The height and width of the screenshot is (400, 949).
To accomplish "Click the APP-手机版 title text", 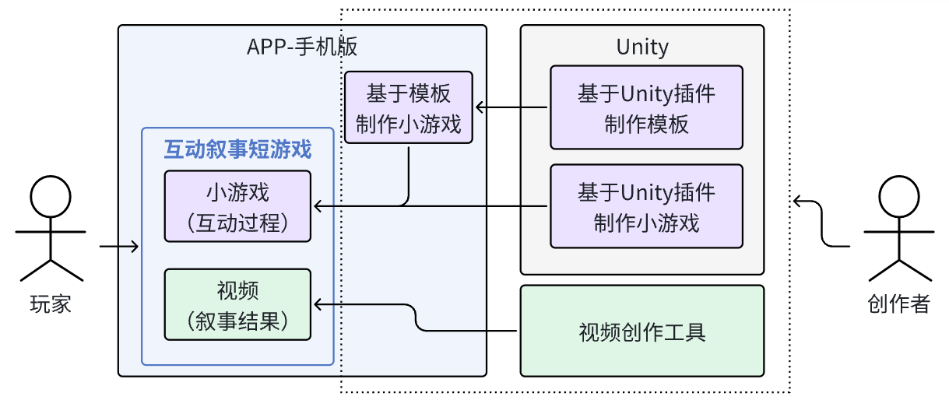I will click(x=302, y=47).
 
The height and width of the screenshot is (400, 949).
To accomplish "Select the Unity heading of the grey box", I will click(x=642, y=47).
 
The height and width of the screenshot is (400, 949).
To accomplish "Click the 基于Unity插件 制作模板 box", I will click(x=646, y=107).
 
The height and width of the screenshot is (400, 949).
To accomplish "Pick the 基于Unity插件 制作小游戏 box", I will click(x=646, y=206).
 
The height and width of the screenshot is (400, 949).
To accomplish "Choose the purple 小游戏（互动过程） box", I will click(x=237, y=206).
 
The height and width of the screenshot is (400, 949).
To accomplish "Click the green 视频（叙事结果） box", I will click(x=237, y=304).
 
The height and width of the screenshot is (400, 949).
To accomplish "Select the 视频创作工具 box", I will click(x=642, y=332).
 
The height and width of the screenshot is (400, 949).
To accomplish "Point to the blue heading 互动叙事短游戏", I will click(x=237, y=149).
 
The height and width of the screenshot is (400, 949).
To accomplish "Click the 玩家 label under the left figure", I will click(x=51, y=304).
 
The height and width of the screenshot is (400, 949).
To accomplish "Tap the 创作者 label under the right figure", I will click(x=898, y=304).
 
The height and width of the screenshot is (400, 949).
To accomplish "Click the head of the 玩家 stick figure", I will click(x=51, y=194).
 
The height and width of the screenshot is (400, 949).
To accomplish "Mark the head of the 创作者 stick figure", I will click(x=898, y=194).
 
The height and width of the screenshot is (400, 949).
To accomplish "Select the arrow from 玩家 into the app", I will click(x=119, y=247).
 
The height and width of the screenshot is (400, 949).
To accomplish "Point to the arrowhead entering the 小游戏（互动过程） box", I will click(x=318, y=206).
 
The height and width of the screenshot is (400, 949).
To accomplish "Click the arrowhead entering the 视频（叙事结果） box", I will click(x=318, y=304).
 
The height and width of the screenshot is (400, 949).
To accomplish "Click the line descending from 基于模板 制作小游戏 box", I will click(x=409, y=175).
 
